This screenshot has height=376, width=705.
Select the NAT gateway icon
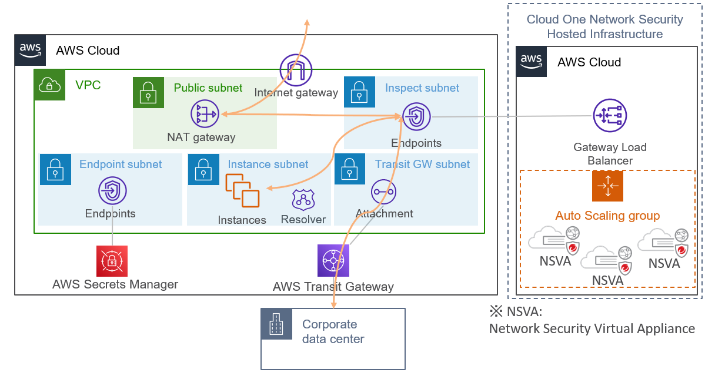205,114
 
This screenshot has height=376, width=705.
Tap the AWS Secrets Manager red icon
112,261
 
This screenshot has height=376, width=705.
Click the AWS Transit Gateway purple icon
333,260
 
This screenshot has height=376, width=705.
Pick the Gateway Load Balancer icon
610,116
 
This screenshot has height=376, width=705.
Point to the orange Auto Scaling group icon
607,186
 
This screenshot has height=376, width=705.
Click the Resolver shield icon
303,200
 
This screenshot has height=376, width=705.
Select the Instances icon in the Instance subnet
242,191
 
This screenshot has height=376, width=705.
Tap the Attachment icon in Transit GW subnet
384,192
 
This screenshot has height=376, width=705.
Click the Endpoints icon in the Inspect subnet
416,116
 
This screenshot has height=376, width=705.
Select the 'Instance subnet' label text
268,164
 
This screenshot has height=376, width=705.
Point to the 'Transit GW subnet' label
422,164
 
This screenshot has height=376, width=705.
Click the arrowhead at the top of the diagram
307,22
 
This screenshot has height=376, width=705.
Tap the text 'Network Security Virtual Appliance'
592,328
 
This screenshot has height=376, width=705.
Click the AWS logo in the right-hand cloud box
531,62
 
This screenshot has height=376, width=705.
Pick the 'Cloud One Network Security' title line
604,19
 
